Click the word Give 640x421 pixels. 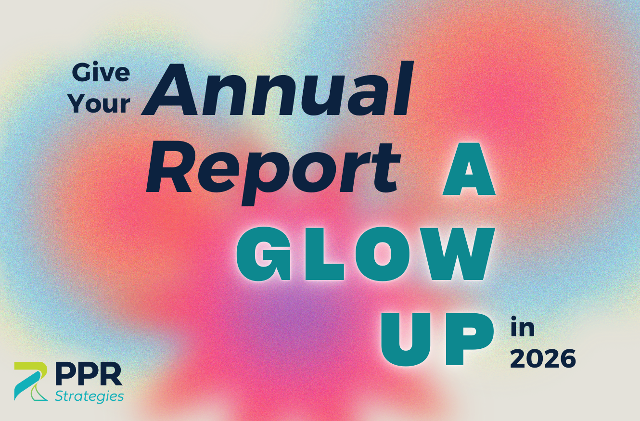tap(101, 73)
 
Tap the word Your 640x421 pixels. tap(100, 104)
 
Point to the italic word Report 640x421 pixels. tap(273, 174)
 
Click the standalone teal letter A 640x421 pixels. tap(469, 169)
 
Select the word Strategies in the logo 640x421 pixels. tap(89, 396)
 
